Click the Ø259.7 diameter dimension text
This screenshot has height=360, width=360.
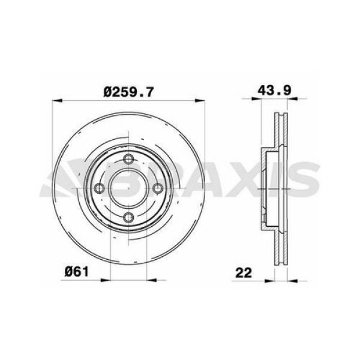click(129, 92)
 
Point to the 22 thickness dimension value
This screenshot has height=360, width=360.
click(243, 272)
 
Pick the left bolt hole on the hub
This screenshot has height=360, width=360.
click(100, 188)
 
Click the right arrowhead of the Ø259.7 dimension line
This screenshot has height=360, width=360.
click(202, 101)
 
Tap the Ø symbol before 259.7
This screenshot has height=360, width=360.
click(107, 92)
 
